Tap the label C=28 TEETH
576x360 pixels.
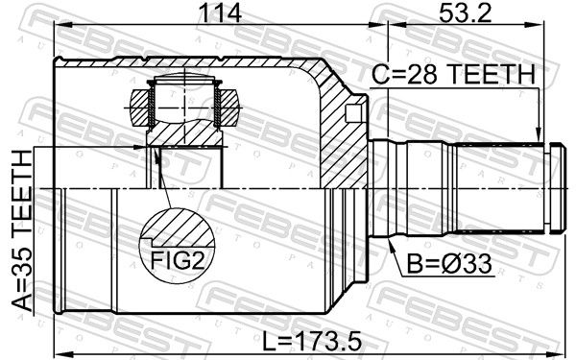[x=453, y=74]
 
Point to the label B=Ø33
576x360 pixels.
[x=449, y=264]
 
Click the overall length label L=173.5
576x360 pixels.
[x=312, y=341]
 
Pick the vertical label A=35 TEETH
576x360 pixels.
[x=22, y=230]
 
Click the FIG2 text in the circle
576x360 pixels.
[x=177, y=260]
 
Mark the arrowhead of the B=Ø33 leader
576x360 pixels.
[x=391, y=244]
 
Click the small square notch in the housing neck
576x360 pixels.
[x=352, y=113]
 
